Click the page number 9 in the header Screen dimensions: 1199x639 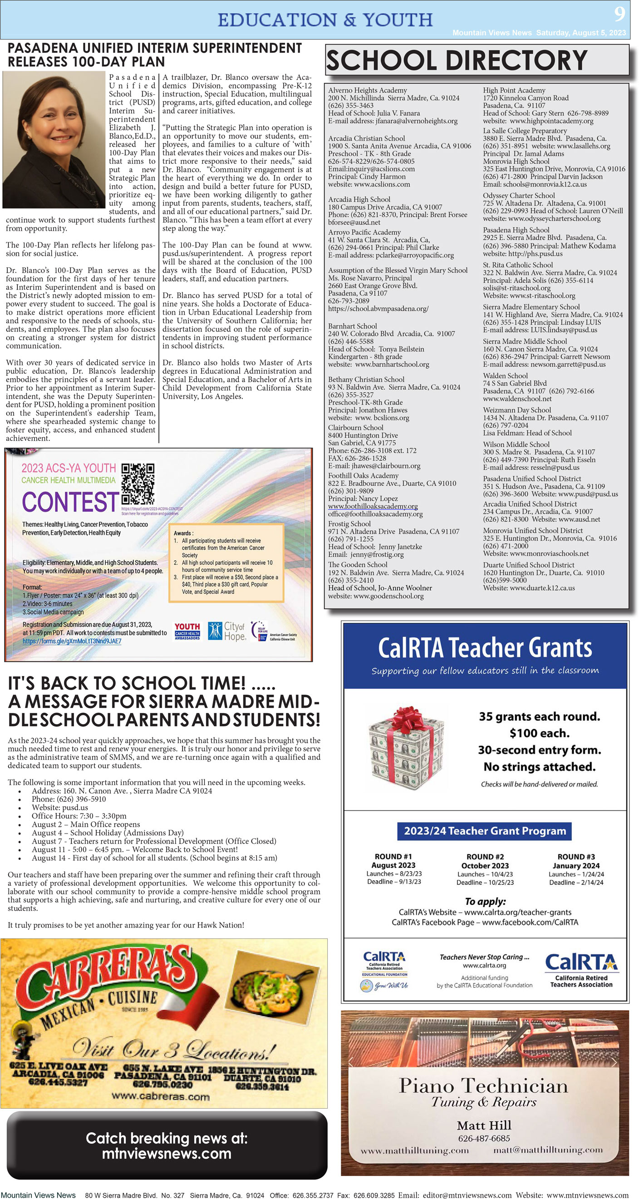pos(619,15)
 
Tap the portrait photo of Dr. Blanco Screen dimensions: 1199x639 pos(54,140)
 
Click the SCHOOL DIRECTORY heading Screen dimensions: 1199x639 pos(456,60)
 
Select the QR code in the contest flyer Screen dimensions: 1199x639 pos(138,484)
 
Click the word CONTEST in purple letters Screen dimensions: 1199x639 pos(70,502)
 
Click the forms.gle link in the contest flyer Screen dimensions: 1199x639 pos(72,641)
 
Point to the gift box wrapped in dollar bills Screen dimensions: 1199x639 pos(406,749)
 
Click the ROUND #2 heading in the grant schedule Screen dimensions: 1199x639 pos(485,857)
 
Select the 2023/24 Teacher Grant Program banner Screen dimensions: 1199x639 pos(485,831)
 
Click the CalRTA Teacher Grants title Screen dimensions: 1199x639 pos(485,648)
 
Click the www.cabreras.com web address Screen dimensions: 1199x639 pos(161,1097)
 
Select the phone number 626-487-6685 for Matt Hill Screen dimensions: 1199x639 pos(484,1139)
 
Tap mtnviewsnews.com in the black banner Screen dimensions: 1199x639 pos(167,1154)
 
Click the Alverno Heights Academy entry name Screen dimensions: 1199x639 pos(367,90)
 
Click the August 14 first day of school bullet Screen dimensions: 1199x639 pos(153,858)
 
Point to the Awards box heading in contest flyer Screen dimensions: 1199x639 pos(183,533)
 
